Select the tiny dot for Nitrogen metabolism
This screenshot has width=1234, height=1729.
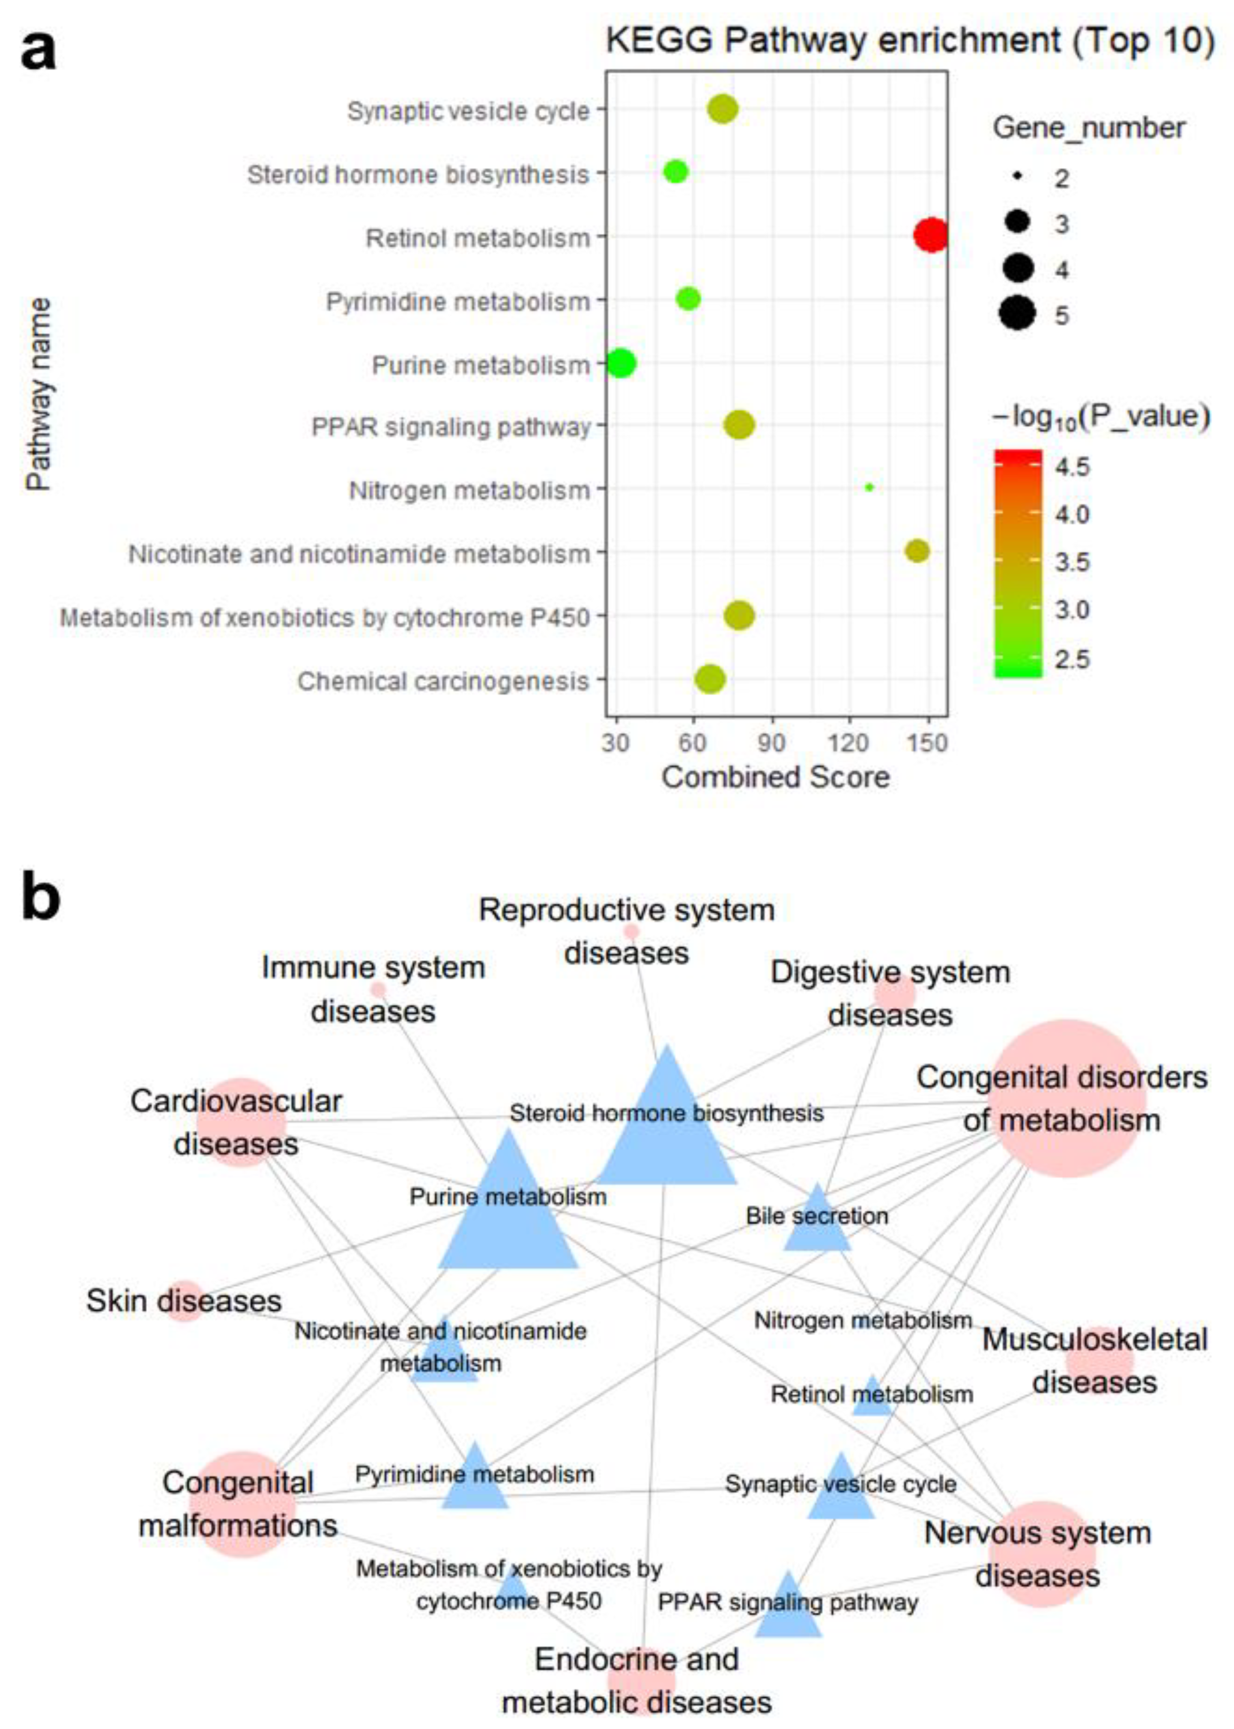click(x=869, y=487)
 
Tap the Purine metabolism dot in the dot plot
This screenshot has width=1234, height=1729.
click(x=621, y=363)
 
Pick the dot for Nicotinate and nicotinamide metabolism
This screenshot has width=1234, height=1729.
click(x=917, y=551)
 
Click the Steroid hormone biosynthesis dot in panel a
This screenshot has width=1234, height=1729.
click(x=675, y=172)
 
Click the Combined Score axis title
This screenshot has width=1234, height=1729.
click(x=775, y=777)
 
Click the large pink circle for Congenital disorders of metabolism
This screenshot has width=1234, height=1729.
click(x=1067, y=1099)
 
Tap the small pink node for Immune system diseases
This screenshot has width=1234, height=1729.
click(x=378, y=989)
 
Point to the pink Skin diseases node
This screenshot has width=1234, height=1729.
click(x=185, y=1301)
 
